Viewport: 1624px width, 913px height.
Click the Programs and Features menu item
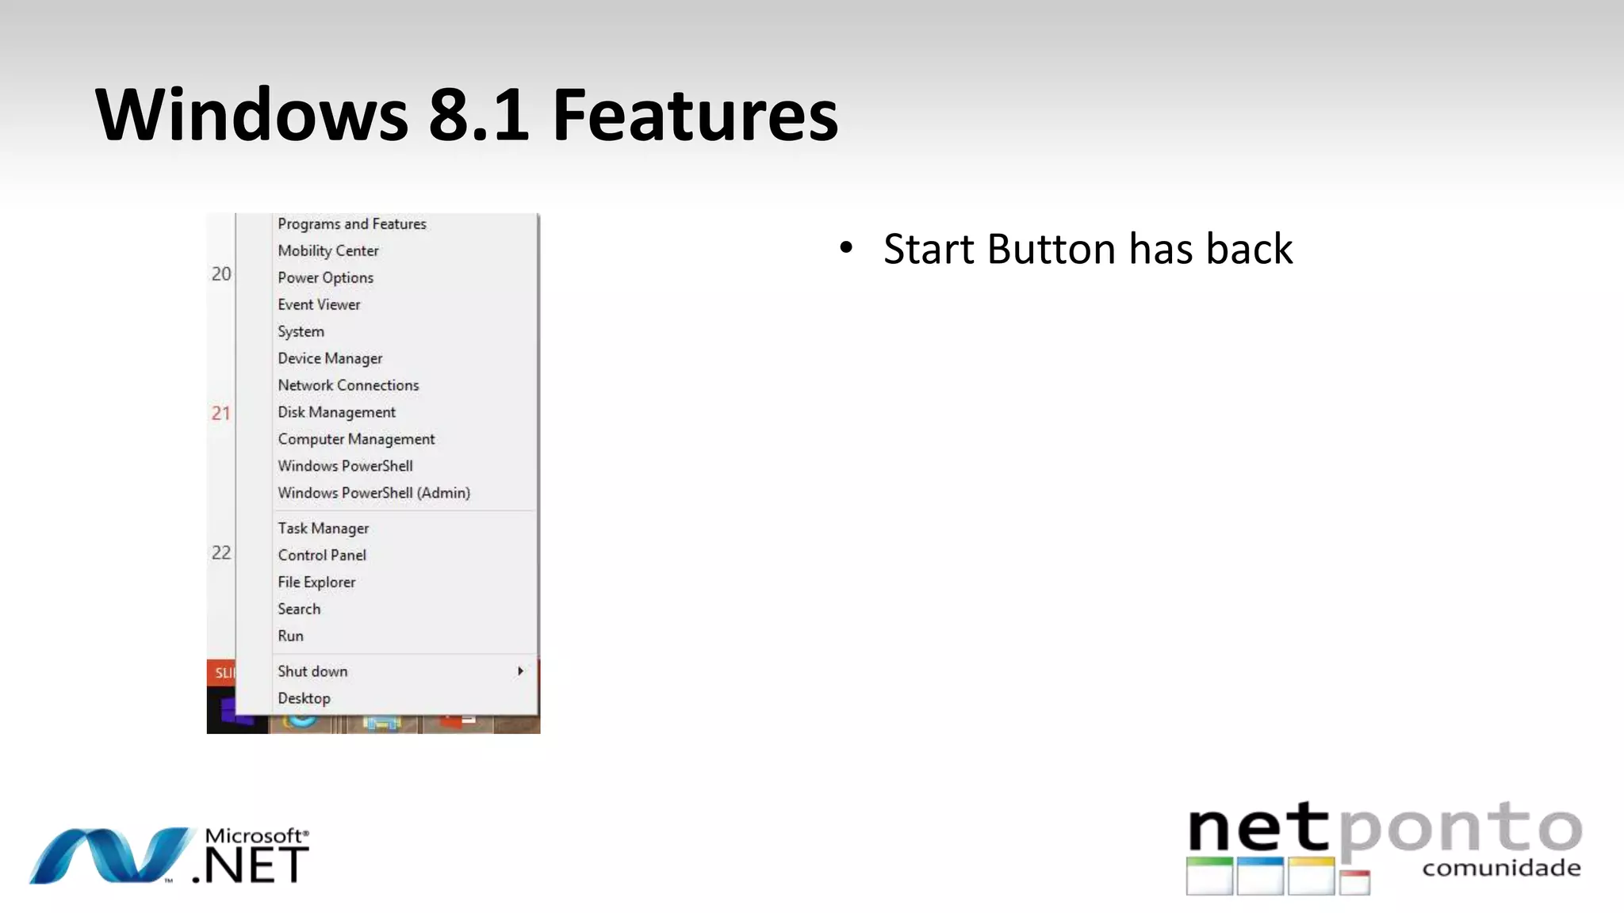(351, 224)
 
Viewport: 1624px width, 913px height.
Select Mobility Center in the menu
(328, 251)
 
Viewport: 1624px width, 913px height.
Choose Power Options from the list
(325, 278)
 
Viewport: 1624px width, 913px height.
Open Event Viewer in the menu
(319, 305)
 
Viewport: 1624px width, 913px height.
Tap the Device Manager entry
(330, 359)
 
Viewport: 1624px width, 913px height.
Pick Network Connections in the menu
(348, 386)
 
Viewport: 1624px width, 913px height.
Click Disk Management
(336, 413)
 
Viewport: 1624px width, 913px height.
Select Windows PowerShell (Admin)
(373, 494)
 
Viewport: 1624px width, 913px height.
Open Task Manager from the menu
(323, 529)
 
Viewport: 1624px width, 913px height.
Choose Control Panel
(322, 556)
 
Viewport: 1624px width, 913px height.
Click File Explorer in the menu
(316, 583)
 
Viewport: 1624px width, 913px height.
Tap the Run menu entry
(290, 636)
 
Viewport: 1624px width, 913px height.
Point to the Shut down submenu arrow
(520, 671)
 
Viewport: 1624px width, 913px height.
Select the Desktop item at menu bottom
(304, 699)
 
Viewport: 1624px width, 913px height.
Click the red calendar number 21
(220, 413)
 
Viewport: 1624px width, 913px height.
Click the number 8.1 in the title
(478, 116)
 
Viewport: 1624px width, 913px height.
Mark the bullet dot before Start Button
(846, 248)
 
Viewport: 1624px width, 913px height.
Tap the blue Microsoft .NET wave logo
(111, 856)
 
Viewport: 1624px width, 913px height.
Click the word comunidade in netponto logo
(1501, 869)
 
